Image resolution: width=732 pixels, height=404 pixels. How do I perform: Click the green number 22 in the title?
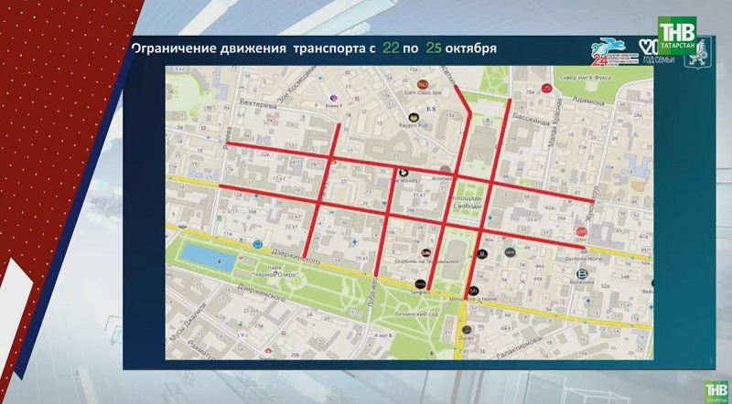392,48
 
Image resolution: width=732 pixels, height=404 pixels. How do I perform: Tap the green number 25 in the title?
434,48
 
